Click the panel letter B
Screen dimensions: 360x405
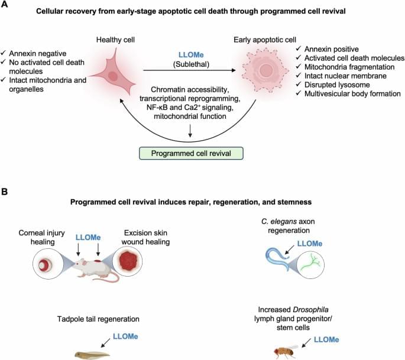tap(5, 192)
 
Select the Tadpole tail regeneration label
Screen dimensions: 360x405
tap(111, 320)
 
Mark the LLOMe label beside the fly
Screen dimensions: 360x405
tap(327, 340)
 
